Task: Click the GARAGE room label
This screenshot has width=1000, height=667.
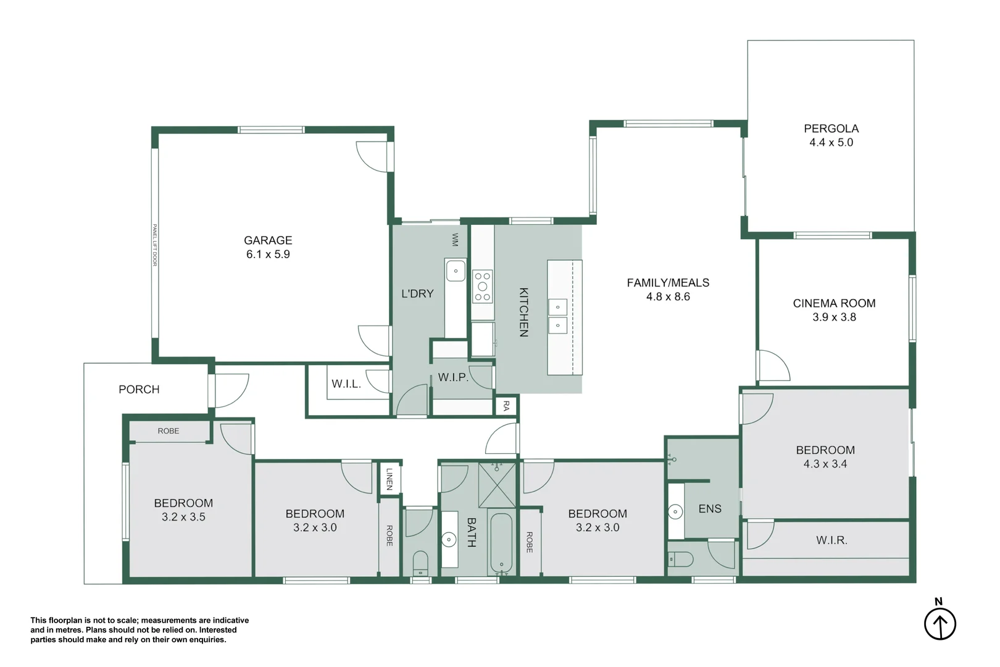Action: coord(268,240)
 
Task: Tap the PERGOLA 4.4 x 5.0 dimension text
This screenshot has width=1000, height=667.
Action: coord(831,143)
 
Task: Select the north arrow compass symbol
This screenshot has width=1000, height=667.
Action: coord(940,624)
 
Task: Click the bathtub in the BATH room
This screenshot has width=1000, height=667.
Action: coord(501,543)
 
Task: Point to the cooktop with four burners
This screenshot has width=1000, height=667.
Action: coord(483,287)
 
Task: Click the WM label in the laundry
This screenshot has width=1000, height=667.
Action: coord(455,240)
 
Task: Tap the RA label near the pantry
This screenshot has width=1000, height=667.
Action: coord(506,406)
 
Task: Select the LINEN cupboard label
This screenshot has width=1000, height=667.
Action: coord(389,479)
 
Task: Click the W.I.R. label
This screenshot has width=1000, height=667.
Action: coord(831,540)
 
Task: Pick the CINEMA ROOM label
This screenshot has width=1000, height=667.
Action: coord(834,303)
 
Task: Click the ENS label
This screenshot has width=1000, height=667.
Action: coord(709,509)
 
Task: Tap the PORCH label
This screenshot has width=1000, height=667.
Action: coord(139,389)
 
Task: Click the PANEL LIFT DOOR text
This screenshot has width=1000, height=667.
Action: coord(155,245)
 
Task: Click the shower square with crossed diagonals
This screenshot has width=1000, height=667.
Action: coord(497,484)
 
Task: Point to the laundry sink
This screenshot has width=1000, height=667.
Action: coord(456,271)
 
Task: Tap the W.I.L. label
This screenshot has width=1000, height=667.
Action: coord(346,384)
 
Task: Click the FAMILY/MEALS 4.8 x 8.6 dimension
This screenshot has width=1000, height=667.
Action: coord(668,297)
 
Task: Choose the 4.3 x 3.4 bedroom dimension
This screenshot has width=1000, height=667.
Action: coord(825,464)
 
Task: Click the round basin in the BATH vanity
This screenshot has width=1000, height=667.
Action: coord(449,540)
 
